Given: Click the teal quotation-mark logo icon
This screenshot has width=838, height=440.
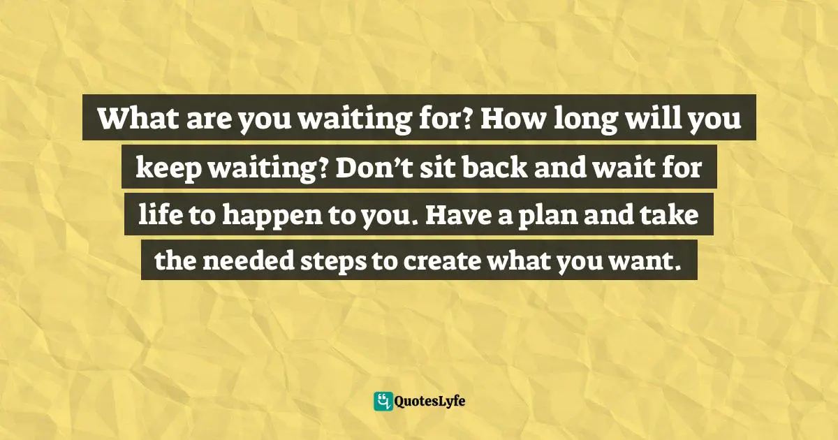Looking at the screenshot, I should coord(383,401).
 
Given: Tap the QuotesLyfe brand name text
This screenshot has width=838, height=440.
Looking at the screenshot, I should coord(430,402).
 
